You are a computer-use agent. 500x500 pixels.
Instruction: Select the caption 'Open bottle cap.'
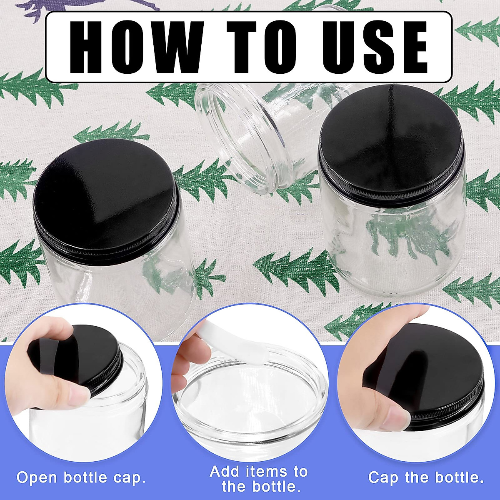[x=81, y=477]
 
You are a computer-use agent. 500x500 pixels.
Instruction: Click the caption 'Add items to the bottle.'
[x=259, y=479]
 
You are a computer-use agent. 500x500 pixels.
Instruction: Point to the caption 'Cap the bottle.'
[x=426, y=477]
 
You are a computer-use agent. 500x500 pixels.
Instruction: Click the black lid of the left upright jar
[x=106, y=196]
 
